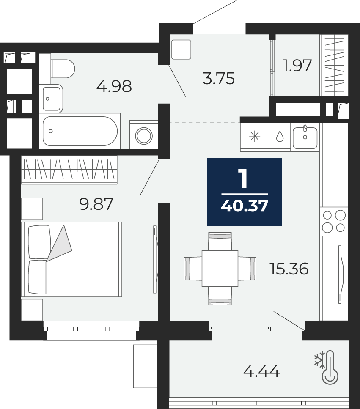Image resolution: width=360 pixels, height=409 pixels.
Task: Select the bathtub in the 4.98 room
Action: [80, 131]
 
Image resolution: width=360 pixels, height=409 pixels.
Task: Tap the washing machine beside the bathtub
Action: [144, 135]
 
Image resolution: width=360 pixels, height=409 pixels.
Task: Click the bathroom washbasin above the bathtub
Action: [53, 98]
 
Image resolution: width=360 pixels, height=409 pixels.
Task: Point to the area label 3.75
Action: [219, 79]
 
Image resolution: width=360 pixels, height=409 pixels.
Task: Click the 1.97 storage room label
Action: [297, 65]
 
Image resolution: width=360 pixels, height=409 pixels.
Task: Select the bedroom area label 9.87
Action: [96, 204]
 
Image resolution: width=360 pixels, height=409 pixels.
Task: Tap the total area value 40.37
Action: [245, 206]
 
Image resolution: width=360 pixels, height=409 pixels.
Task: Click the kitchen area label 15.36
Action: [289, 269]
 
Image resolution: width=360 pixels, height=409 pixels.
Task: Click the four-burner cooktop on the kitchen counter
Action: [334, 222]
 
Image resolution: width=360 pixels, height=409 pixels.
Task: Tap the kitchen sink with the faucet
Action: [305, 137]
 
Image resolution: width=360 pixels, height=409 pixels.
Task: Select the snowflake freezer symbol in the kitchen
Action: [255, 137]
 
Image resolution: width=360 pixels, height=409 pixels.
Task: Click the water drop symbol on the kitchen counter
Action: [280, 137]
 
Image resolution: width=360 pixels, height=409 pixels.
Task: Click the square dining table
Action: [220, 269]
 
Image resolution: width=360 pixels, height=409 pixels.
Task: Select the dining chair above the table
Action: [220, 241]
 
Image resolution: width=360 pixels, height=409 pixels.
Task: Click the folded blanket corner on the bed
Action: [59, 243]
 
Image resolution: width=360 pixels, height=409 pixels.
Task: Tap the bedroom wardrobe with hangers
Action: [69, 169]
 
